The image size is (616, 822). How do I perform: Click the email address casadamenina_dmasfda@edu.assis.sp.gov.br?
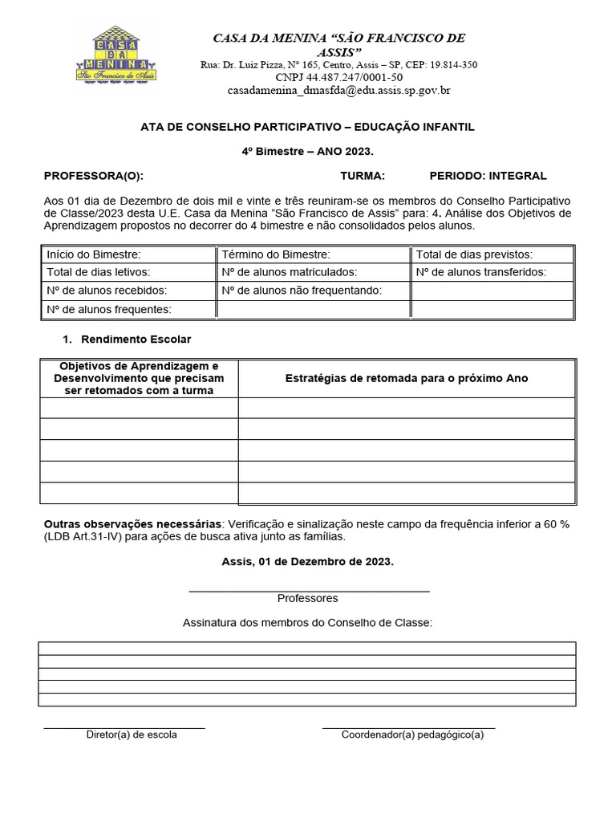pyautogui.click(x=338, y=91)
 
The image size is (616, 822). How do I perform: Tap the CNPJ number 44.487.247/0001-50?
pyautogui.click(x=338, y=77)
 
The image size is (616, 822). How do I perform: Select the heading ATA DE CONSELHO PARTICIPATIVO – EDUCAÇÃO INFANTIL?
pyautogui.click(x=308, y=127)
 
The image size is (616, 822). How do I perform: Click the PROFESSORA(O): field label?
pyautogui.click(x=94, y=176)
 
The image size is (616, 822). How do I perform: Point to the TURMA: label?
pyautogui.click(x=363, y=176)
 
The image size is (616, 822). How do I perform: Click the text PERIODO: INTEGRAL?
pyautogui.click(x=488, y=176)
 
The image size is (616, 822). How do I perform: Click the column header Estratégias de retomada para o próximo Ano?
pyautogui.click(x=407, y=378)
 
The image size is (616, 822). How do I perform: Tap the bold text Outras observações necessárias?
pyautogui.click(x=132, y=523)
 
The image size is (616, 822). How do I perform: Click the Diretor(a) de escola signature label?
pyautogui.click(x=132, y=735)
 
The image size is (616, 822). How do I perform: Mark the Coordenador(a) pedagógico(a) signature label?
pyautogui.click(x=412, y=735)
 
